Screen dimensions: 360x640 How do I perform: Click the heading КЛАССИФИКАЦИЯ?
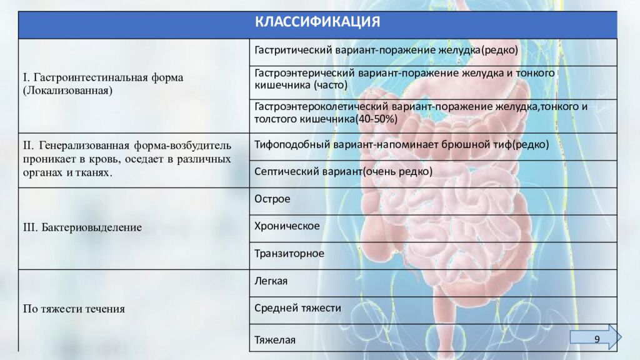pyautogui.click(x=317, y=22)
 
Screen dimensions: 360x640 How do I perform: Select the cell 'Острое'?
pyautogui.click(x=272, y=199)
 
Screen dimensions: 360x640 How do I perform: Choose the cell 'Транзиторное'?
pyautogui.click(x=289, y=253)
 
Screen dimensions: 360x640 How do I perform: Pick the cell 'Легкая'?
pyautogui.click(x=271, y=281)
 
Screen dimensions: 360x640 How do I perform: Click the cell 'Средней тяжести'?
pyautogui.click(x=297, y=308)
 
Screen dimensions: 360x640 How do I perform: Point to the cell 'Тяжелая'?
pyautogui.click(x=275, y=340)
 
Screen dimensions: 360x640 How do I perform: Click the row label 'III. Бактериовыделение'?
pyautogui.click(x=82, y=227)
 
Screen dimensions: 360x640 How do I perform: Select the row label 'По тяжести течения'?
pyautogui.click(x=74, y=309)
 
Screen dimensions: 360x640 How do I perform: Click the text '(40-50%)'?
pyautogui.click(x=375, y=118)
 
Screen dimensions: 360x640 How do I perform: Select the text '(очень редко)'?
pyautogui.click(x=396, y=171)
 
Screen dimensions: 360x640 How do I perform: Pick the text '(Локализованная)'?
pyautogui.click(x=67, y=91)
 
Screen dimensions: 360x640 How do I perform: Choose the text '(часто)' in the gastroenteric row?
pyautogui.click(x=331, y=84)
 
